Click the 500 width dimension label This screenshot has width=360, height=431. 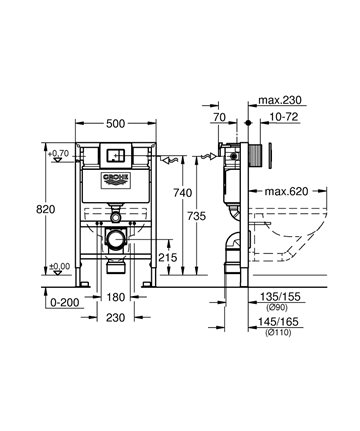coord(116,124)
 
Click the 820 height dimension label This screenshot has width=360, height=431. coord(46,209)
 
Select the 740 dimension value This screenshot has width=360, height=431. coord(183,193)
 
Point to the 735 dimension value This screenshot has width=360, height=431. coord(196,216)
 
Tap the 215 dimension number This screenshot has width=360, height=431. coord(168,257)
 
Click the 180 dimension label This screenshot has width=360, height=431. coord(116,297)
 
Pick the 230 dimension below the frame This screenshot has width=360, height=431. coord(116,318)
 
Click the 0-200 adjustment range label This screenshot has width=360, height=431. coord(65,303)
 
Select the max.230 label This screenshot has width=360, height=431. coord(280,100)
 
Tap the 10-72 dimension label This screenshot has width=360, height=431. coord(284,117)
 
